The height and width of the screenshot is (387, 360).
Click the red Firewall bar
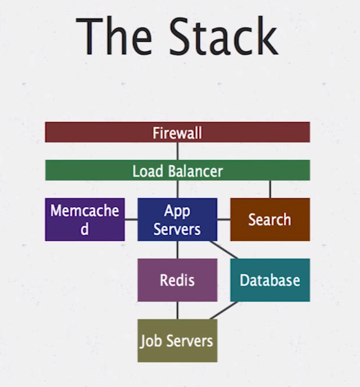177,132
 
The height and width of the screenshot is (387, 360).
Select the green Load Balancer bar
177,170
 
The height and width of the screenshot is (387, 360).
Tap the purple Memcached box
85,219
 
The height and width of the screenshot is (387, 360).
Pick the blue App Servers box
177,219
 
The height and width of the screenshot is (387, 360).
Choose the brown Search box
270,219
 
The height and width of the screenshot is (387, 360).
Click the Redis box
177,280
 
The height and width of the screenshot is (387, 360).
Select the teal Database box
270,280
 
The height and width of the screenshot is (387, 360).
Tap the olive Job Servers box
177,340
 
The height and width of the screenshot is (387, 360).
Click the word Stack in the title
223,37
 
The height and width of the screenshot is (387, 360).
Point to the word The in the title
114,37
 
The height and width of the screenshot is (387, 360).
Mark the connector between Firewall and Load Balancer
177,151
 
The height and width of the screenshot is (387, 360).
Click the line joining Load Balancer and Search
270,189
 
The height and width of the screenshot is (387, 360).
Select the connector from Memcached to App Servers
131,220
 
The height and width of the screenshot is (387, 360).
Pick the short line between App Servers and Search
223,220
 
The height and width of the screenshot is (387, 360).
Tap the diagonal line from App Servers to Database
224,250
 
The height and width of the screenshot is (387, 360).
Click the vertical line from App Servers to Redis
177,250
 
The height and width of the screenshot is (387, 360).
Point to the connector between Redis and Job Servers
177,310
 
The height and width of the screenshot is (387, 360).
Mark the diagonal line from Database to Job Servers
224,310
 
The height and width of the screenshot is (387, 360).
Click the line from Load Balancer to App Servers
177,189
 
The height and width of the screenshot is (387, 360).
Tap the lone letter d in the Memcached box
85,229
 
